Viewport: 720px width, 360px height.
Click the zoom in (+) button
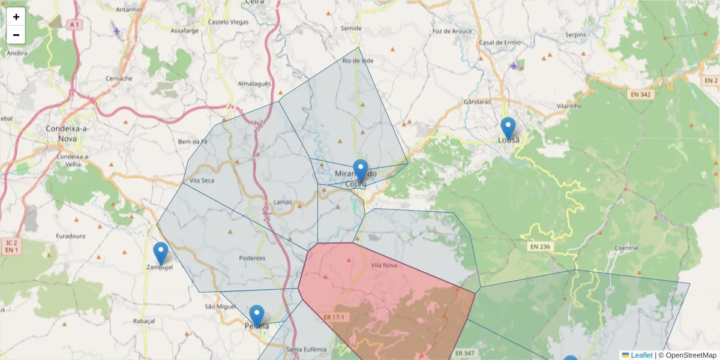[16, 17]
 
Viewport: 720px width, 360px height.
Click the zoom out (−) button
[16, 35]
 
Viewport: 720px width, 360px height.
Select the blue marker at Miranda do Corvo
[360, 170]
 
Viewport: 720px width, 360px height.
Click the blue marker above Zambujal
[160, 253]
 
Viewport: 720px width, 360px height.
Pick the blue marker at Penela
[257, 316]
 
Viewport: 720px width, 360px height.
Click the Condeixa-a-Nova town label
[68, 132]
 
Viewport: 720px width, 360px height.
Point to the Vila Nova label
[384, 265]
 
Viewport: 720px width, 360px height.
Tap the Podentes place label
[252, 258]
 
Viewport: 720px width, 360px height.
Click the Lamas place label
[282, 202]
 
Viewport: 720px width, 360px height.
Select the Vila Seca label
[202, 180]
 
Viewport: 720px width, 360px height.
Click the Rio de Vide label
[358, 61]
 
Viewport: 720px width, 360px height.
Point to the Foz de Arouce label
[452, 31]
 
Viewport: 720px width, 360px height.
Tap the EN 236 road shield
[540, 247]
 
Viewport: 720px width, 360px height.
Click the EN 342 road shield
[641, 94]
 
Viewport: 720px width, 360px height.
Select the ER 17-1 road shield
[334, 317]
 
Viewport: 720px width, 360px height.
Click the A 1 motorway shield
[73, 25]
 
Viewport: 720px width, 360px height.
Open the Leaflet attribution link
[641, 355]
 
